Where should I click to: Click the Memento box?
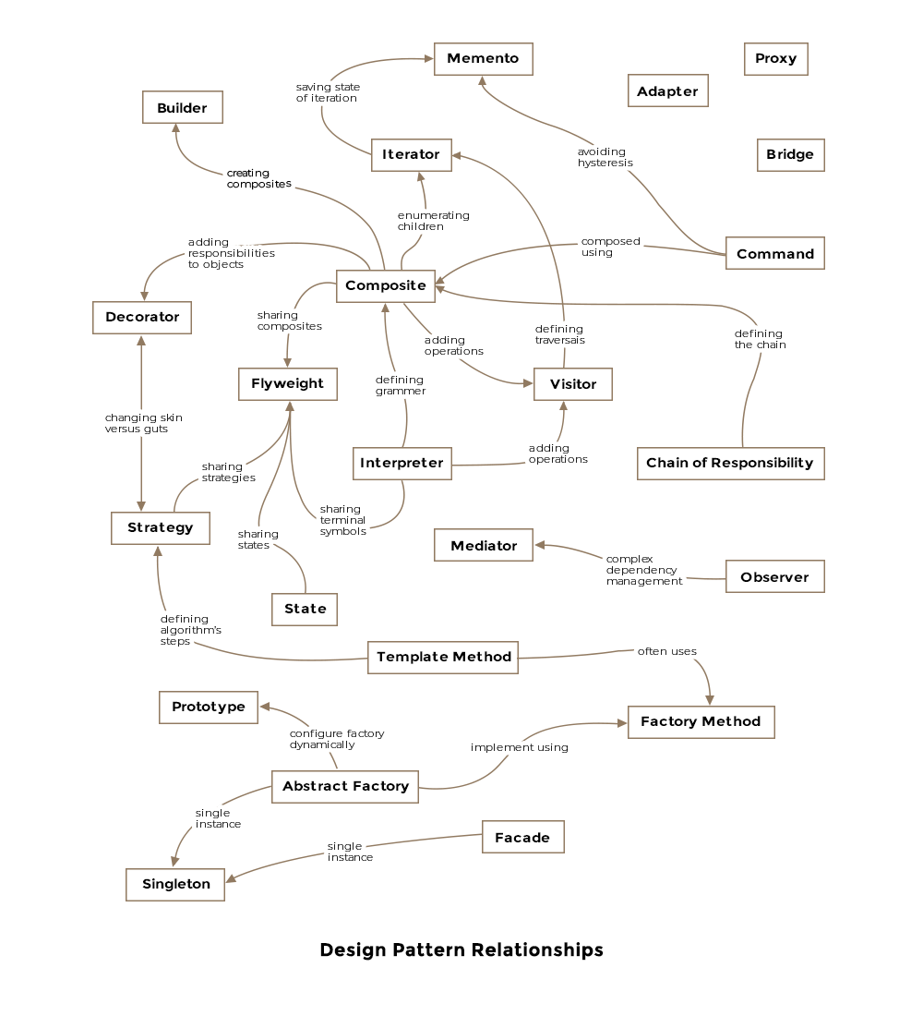pos(483,58)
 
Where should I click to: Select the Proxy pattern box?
pos(775,58)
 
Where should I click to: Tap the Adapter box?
pos(667,91)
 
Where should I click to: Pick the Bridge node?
pos(790,154)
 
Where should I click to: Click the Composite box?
pos(385,285)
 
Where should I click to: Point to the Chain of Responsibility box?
pos(730,463)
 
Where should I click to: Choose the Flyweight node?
pos(287,383)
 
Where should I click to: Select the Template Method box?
pos(443,657)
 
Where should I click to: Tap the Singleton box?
pos(175,884)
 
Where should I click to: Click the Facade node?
pos(522,838)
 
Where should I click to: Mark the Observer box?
pos(774,577)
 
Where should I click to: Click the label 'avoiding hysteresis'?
pos(605,157)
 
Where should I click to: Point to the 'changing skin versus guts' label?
pos(143,423)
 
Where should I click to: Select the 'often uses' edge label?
pos(666,651)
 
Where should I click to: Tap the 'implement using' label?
pos(519,747)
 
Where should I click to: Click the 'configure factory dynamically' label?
pos(336,739)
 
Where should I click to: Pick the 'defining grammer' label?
pos(400,385)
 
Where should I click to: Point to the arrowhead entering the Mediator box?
pos(540,545)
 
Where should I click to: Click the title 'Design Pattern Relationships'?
pos(461,949)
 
